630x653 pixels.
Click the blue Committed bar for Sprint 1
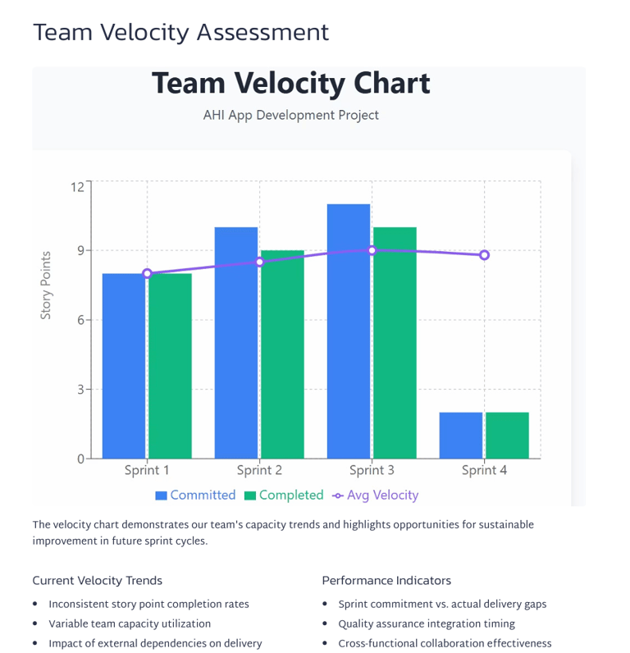tap(124, 366)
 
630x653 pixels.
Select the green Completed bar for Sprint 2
tap(282, 354)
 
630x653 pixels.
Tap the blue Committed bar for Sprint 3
tap(349, 331)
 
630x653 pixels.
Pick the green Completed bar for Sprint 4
tap(507, 436)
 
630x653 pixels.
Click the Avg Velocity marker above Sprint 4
tap(485, 255)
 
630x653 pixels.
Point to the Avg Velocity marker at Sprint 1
tap(148, 273)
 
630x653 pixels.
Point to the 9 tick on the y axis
tap(80, 250)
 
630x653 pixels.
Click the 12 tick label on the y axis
tap(77, 186)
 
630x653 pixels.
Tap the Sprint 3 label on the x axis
tap(372, 471)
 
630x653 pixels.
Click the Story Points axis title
tap(46, 285)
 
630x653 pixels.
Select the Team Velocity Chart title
tap(291, 84)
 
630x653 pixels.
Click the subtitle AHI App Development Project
tap(291, 116)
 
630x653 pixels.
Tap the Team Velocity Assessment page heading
tap(180, 32)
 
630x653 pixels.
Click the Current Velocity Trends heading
tap(97, 581)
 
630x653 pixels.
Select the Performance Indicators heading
tap(386, 581)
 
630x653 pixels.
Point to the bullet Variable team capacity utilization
tap(130, 624)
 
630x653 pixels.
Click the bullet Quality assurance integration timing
tap(427, 624)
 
